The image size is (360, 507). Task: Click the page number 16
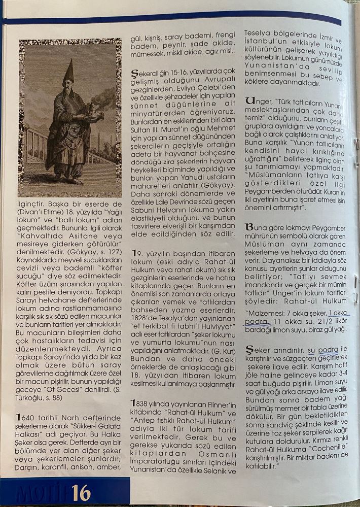(81, 492)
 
